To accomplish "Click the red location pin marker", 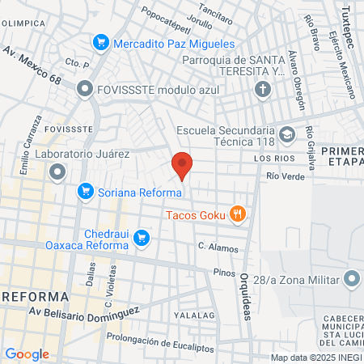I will pos(182,165).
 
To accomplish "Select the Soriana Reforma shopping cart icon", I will pos(85,192).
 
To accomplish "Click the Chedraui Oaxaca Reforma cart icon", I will pos(142,237).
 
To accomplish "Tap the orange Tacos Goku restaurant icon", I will pos(237,214).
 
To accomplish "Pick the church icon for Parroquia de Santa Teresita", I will pos(263,90).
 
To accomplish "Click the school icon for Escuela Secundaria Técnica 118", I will pos(287,133).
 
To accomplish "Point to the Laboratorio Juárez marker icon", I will pos(57,171).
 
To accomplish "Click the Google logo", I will pos(27,353).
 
